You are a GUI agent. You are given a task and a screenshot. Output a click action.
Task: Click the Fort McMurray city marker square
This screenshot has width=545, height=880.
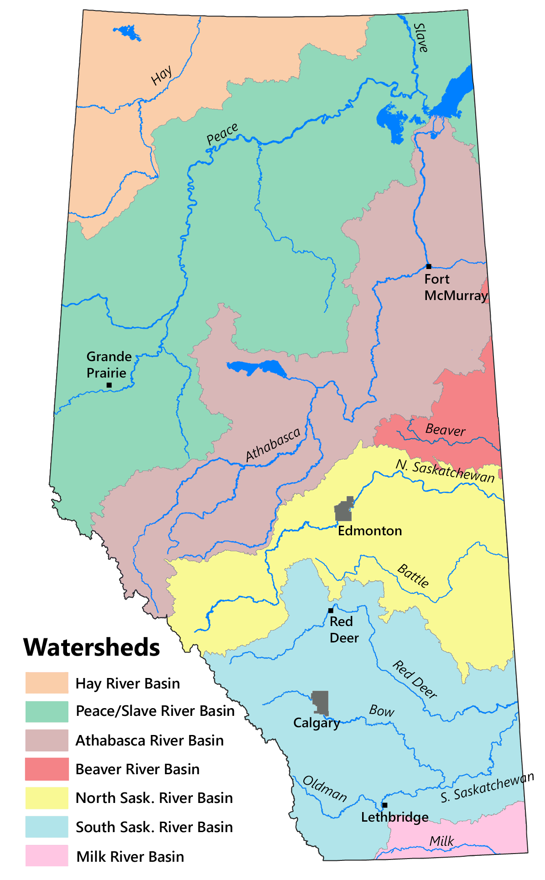428,266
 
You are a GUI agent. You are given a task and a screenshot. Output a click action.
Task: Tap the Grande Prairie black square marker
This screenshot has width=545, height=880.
109,385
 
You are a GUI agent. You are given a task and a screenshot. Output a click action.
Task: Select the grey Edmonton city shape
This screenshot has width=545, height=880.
344,510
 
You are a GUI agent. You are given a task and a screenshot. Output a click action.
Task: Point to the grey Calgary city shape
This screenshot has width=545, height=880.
320,703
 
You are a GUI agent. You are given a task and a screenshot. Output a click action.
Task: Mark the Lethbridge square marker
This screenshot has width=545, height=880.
385,805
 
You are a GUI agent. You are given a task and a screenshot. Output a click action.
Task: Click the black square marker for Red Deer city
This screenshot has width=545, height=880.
331,611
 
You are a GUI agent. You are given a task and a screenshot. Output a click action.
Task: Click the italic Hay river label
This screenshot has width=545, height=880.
162,75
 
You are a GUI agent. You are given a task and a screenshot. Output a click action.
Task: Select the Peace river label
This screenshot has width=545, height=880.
222,134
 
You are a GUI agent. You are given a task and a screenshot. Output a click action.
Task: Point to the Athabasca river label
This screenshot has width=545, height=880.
273,445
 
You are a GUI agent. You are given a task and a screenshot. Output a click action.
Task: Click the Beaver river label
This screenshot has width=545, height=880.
445,430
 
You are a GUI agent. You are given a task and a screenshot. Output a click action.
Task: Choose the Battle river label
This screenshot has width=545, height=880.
413,575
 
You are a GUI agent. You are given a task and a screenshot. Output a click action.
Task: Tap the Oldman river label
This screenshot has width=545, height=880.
325,788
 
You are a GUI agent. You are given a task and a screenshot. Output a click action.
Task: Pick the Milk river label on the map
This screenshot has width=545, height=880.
441,841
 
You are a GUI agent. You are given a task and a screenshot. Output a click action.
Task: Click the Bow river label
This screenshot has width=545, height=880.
382,710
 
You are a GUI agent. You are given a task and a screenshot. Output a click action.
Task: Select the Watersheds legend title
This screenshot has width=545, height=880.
92,647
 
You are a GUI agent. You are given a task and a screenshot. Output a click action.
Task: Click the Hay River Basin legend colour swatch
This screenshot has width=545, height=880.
47,683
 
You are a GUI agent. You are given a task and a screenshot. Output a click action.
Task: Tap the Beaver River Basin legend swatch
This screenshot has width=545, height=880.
47,769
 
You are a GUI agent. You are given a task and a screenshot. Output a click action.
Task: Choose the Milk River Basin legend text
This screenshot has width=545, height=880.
130,857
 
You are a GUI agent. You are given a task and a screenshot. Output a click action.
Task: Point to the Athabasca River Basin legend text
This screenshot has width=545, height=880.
150,740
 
